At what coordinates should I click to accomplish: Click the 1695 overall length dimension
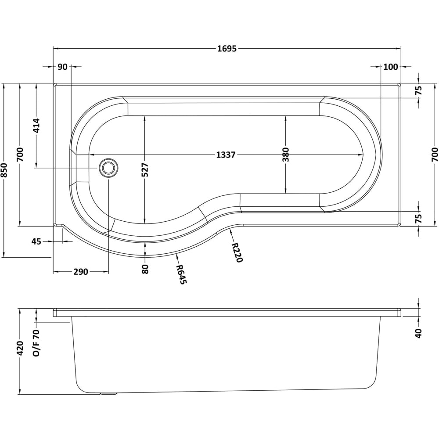pos(227,49)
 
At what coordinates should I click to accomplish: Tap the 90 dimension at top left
pos(62,67)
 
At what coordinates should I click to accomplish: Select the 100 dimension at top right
pos(390,67)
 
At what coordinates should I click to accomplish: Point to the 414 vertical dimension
pos(36,126)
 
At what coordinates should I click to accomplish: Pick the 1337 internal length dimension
pos(227,155)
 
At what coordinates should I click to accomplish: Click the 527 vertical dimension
pos(145,169)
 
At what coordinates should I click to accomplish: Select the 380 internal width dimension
pos(286,155)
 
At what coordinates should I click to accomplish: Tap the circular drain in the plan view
pos(108,168)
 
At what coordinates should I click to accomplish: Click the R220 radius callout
pos(237,252)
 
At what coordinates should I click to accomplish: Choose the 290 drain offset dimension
pos(80,272)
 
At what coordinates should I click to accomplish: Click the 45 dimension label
pos(36,241)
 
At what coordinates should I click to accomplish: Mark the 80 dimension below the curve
pos(145,268)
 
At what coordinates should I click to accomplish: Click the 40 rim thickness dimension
pos(418,333)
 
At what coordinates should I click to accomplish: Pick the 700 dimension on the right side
pos(435,155)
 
